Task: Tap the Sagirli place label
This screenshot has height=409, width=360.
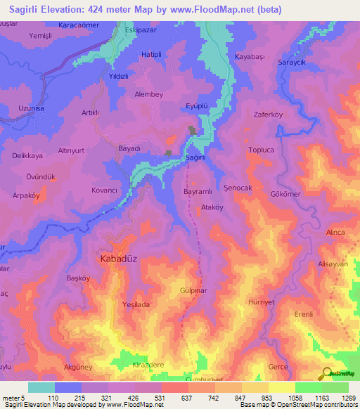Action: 195,159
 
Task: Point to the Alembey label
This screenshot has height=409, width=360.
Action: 148,94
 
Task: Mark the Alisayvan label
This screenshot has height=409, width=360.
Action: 333,264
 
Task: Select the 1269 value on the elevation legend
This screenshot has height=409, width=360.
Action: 339,397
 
